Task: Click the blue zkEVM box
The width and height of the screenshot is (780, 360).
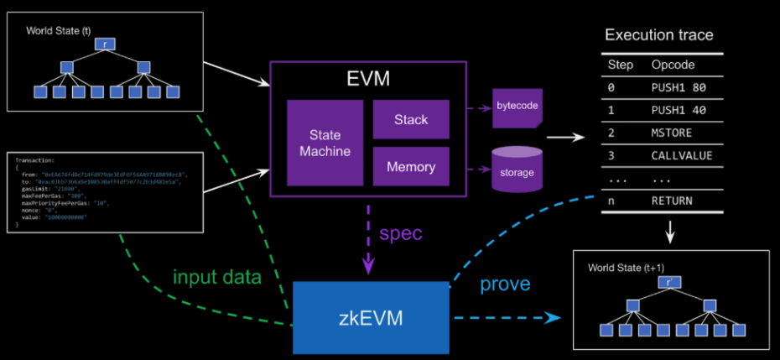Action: [x=370, y=317]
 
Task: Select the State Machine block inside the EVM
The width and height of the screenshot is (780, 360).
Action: [x=325, y=142]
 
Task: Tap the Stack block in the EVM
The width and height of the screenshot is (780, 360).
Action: [x=411, y=120]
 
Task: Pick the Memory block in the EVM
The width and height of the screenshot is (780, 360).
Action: [x=411, y=167]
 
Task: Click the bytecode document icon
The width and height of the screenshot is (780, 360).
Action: [x=516, y=108]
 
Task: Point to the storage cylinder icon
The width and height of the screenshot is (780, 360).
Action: [x=516, y=167]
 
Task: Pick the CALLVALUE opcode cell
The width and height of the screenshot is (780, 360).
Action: [x=681, y=155]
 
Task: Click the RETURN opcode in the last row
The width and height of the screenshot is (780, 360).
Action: [x=673, y=201]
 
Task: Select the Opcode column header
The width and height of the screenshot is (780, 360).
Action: [x=673, y=65]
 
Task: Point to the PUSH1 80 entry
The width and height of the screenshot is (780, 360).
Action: [x=679, y=86]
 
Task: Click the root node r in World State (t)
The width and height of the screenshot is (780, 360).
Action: [x=104, y=42]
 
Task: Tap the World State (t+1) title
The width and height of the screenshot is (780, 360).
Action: [x=627, y=268]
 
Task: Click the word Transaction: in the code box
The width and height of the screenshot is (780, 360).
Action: [x=37, y=159]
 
